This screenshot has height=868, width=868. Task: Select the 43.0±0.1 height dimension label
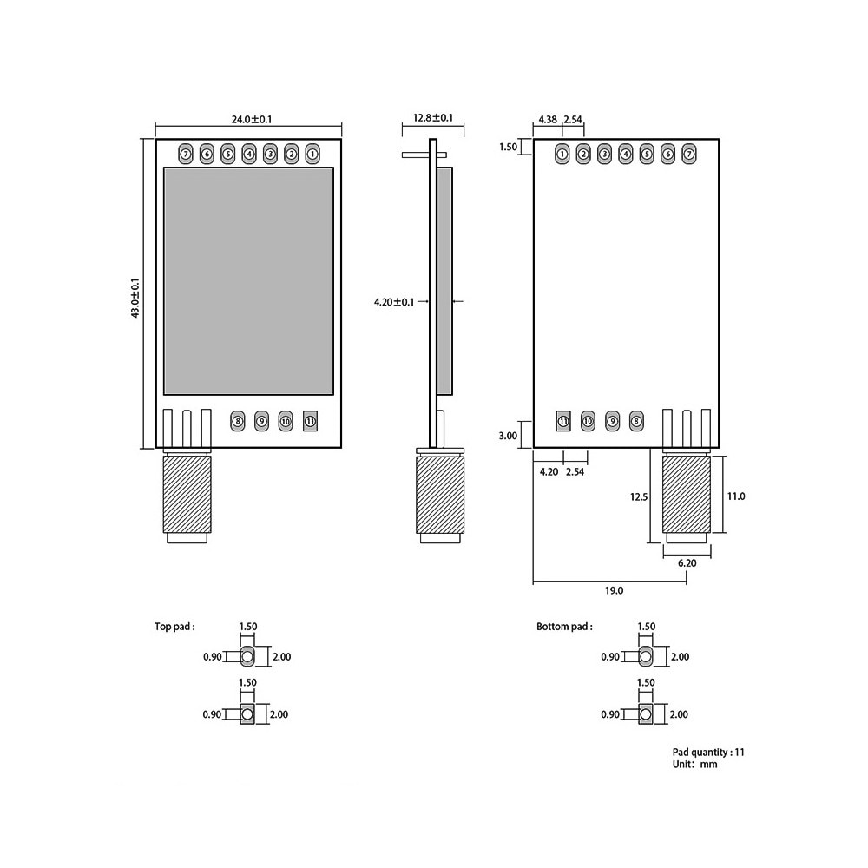coord(135,298)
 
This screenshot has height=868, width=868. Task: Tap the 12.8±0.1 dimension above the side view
coord(433,118)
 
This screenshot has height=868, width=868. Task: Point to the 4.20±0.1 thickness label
coord(393,302)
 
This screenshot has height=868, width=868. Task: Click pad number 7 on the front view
coord(185,155)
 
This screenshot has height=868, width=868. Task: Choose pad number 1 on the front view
coord(312,155)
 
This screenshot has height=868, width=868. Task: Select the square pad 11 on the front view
coord(311,423)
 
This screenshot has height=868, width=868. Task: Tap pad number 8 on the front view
coord(238,423)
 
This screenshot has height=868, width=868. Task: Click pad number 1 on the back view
coord(562,155)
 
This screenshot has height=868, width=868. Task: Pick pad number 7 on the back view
coord(689,155)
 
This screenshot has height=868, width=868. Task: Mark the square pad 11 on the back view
coord(563,422)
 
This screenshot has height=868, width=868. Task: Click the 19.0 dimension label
coord(614,590)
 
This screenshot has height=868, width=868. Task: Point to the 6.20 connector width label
coord(687,563)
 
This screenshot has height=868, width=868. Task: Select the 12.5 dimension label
coord(639,496)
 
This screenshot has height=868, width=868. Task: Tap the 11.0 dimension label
coord(736,496)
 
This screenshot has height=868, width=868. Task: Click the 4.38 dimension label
coord(548,119)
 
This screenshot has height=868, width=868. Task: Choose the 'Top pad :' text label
coord(174,626)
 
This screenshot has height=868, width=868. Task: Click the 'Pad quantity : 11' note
coord(708,753)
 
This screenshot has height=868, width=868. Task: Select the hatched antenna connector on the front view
coord(187,496)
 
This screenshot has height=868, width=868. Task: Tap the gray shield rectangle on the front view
coord(249,280)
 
